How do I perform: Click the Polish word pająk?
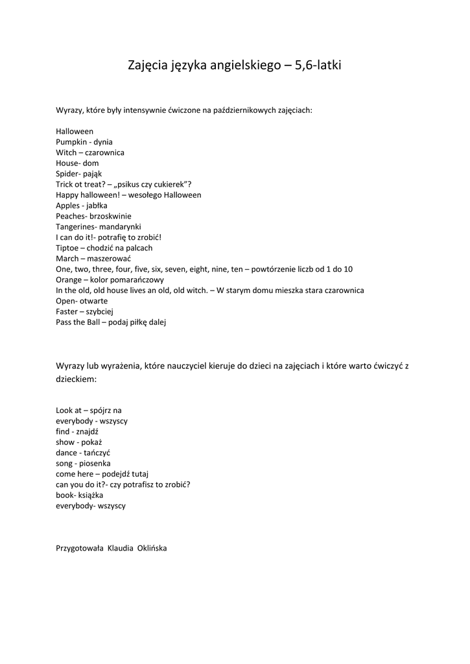click(x=95, y=174)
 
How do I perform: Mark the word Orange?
click(x=69, y=279)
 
